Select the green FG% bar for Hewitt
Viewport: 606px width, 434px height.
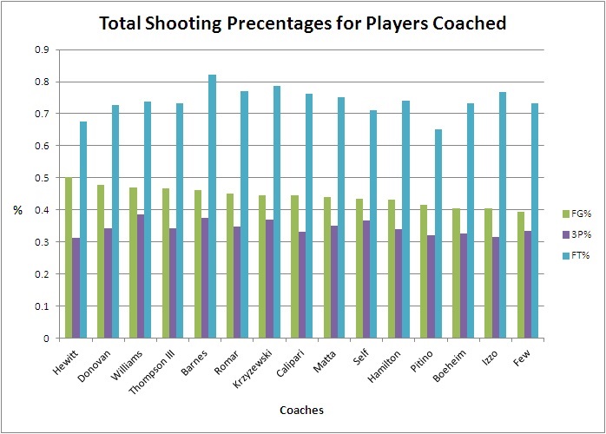[69, 258]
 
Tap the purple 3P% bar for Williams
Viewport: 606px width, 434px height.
[141, 276]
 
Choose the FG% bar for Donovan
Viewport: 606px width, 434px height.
[102, 261]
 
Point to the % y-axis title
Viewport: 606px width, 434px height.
[16, 211]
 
